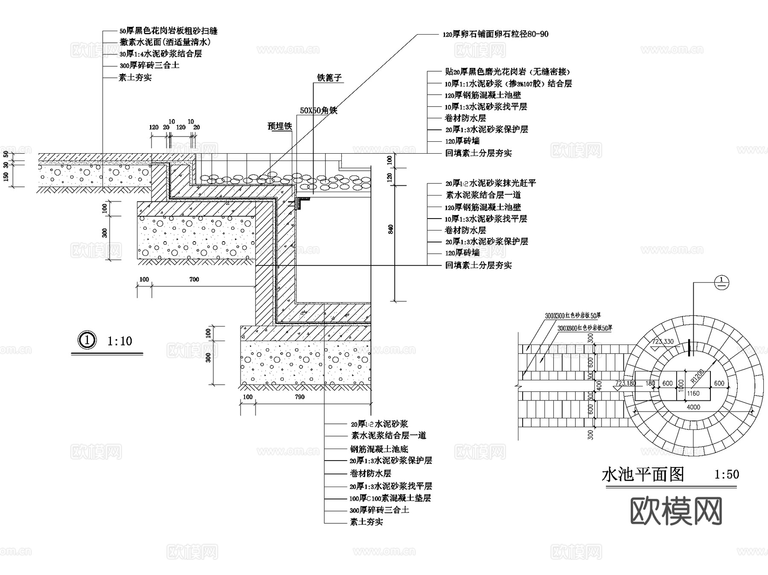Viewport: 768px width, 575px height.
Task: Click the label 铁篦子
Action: point(329,78)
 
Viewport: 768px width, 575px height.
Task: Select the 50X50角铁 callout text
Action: point(318,111)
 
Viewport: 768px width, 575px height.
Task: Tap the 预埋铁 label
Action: point(279,126)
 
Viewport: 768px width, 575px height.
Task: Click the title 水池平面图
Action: point(643,474)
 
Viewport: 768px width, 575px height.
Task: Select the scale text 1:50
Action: point(727,474)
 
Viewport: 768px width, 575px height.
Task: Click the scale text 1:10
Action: point(119,341)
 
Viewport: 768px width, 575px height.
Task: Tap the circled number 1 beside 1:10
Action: point(87,340)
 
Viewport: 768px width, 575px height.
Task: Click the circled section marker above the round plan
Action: point(721,282)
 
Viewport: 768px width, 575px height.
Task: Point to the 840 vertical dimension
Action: point(391,229)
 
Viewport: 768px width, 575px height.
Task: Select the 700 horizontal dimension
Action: point(194,280)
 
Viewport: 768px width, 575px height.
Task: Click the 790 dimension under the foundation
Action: point(300,397)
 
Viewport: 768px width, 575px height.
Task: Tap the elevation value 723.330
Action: point(663,341)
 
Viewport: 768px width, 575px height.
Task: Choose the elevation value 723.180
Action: point(625,383)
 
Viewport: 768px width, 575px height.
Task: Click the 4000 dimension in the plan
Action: point(693,407)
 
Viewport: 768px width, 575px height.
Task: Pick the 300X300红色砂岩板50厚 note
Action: point(573,316)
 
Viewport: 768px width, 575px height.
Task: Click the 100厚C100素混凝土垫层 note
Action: point(390,498)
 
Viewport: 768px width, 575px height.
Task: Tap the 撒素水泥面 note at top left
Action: point(165,42)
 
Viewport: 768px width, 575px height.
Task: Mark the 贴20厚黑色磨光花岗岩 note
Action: point(507,72)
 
